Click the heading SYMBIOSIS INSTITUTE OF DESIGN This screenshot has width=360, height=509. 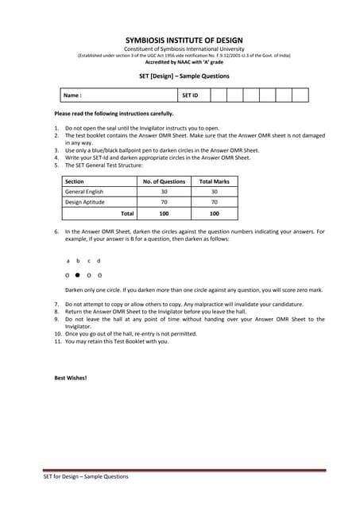tap(184, 41)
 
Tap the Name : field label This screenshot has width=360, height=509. tap(72, 95)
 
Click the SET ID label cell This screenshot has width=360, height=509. tap(190, 95)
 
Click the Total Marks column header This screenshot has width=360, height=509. tap(214, 181)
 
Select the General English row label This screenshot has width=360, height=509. tap(84, 192)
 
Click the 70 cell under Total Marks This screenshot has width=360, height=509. tap(214, 202)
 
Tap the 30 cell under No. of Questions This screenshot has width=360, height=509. tap(164, 192)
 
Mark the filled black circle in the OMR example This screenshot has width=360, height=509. tap(78, 274)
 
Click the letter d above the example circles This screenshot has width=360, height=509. tap(99, 261)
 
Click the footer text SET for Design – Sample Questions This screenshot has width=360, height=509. tap(85, 476)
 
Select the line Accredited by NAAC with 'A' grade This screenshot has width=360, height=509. tap(184, 61)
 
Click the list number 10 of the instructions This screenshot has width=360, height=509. tap(57, 333)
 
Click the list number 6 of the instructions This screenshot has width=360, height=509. tap(57, 231)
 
